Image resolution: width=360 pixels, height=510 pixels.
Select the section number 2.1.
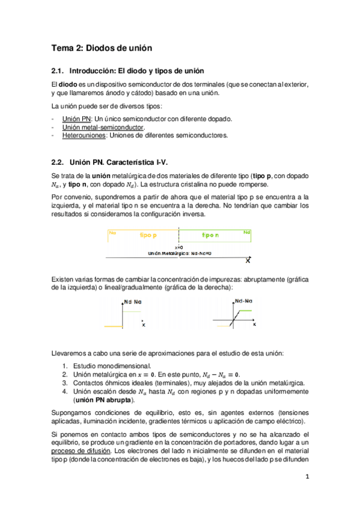[58, 72]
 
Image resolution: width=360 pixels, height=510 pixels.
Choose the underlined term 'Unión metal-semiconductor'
[103, 127]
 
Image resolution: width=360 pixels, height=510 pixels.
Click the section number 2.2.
[58, 162]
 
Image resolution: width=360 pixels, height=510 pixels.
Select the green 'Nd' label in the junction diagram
[246, 232]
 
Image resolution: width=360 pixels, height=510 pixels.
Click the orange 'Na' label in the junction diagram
[112, 232]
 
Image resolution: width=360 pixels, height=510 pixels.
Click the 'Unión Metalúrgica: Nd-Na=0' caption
[180, 253]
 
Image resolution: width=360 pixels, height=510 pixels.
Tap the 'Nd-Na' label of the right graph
[243, 300]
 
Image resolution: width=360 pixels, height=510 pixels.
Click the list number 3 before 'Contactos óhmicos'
[65, 382]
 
